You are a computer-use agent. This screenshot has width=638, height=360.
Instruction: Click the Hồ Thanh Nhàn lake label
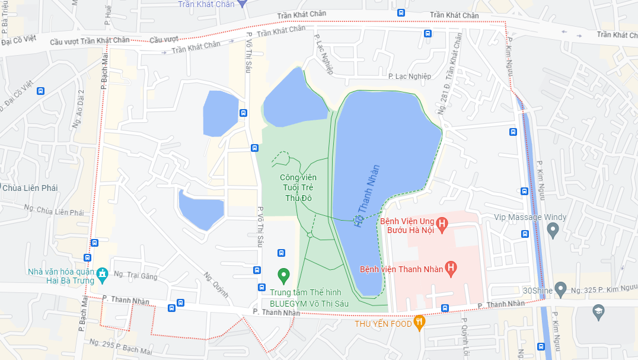(x=366, y=196)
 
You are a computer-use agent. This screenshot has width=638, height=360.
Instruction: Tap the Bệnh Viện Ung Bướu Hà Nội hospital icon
(x=441, y=224)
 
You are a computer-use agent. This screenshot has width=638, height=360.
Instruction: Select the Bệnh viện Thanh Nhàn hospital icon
(x=451, y=269)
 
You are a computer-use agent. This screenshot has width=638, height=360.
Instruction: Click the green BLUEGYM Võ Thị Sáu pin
(x=283, y=275)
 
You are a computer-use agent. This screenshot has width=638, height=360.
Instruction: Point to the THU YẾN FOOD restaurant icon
(x=419, y=323)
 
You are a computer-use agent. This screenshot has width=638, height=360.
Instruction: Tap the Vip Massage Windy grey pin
(x=553, y=230)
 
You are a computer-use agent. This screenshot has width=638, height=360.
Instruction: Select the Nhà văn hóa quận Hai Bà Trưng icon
(x=102, y=274)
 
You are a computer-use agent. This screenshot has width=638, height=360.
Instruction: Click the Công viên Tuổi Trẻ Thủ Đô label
(x=298, y=187)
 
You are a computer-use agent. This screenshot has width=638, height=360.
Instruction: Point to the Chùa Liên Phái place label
(x=29, y=188)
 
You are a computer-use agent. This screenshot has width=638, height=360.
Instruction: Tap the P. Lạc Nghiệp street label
(x=410, y=76)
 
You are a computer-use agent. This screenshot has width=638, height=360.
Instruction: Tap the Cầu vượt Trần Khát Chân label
(x=90, y=40)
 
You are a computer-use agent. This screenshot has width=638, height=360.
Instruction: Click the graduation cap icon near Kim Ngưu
(x=598, y=311)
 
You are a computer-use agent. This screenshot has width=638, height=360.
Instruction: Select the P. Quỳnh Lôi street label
(x=464, y=338)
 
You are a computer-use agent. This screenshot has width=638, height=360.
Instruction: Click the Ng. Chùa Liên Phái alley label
(x=54, y=211)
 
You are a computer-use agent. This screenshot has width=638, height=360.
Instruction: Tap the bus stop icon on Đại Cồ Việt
(x=40, y=91)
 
